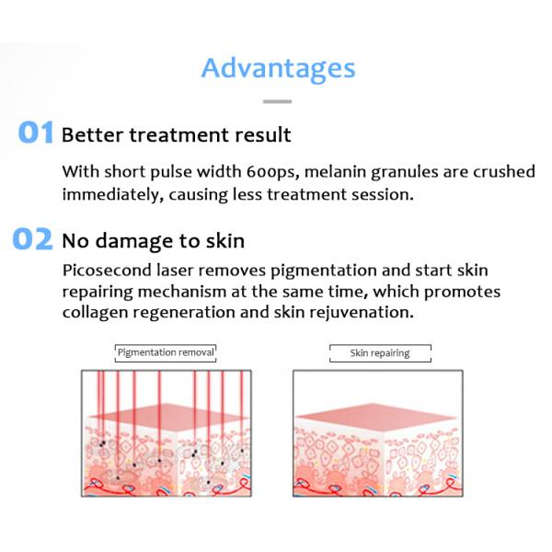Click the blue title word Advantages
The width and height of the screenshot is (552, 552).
[x=277, y=68]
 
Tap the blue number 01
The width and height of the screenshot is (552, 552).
[x=36, y=133]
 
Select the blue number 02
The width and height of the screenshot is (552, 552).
[x=33, y=240]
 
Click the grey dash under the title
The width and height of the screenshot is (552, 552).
[x=277, y=102]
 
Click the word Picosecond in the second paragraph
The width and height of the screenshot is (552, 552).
[x=104, y=270]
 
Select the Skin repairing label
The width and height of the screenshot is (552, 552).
[x=379, y=353]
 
